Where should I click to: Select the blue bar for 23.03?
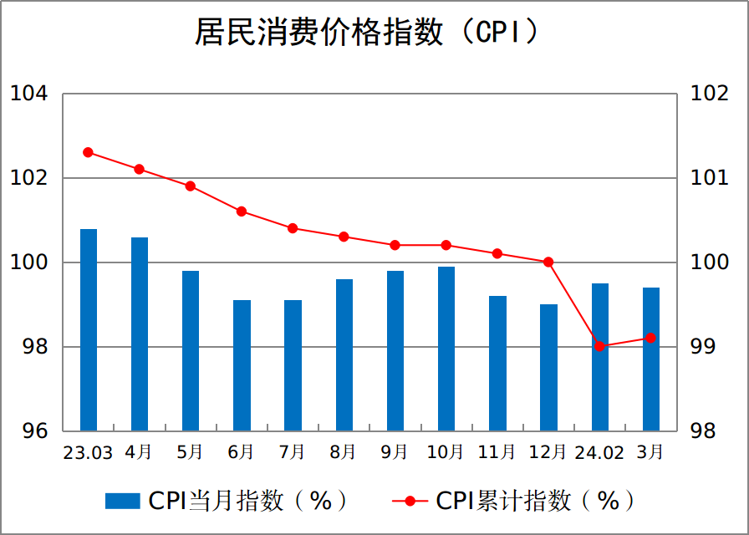point(89,329)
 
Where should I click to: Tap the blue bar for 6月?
point(242,365)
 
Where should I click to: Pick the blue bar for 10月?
point(446,349)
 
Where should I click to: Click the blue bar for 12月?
point(548,367)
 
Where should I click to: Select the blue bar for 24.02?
point(600,357)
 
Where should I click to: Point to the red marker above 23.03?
point(89,152)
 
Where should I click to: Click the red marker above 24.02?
point(600,346)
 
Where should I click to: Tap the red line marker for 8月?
point(344,237)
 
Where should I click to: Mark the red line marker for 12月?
point(548,262)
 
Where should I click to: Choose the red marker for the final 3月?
point(651,338)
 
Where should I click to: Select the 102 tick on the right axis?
point(709,94)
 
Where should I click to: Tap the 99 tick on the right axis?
point(709,347)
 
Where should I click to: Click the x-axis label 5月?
point(191,453)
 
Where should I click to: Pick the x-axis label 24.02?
point(599,453)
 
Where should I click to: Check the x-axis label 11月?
point(497,453)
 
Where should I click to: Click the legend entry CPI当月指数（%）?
point(227,501)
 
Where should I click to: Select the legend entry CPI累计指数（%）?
point(514,501)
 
